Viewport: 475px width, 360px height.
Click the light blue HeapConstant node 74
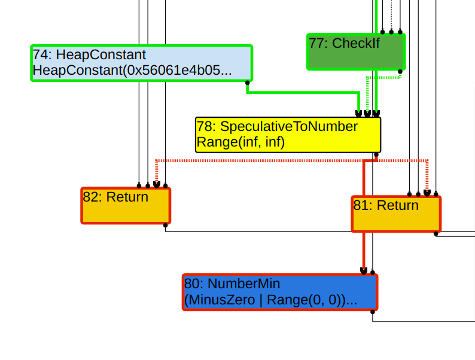[141, 63]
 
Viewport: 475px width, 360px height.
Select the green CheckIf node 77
[356, 52]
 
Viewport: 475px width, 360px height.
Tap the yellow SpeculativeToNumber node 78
[288, 135]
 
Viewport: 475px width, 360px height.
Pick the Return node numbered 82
[126, 206]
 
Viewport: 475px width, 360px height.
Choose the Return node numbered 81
[396, 214]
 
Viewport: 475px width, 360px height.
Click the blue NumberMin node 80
[280, 292]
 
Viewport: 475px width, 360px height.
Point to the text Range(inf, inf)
[240, 142]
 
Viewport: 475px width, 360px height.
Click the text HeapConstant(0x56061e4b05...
[132, 71]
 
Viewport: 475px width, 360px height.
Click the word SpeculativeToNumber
[288, 127]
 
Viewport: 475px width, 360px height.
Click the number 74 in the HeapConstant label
[41, 55]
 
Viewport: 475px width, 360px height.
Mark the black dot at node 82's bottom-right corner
[166, 225]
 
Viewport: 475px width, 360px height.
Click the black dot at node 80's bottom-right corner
[373, 312]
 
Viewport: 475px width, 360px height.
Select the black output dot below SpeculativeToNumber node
[376, 154]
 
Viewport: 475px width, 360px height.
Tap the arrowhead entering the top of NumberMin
[364, 271]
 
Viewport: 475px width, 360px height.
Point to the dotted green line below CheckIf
[383, 77]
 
